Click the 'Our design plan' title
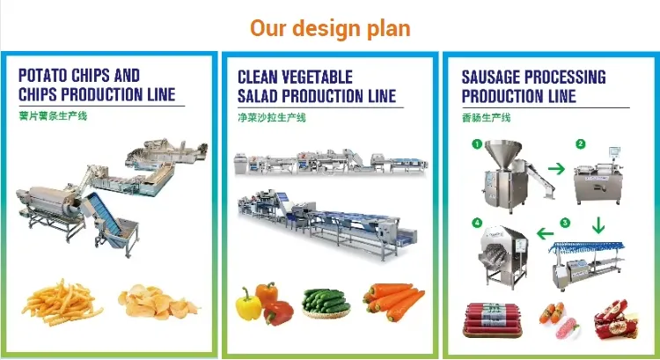[330, 29]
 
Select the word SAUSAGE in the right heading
[490, 77]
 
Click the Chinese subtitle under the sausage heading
[486, 117]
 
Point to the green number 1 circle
[477, 144]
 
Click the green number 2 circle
[581, 144]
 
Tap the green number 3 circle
[565, 223]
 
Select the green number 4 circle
[477, 223]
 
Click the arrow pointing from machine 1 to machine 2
[556, 169]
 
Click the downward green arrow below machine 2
[598, 225]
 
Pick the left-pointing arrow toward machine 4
[545, 233]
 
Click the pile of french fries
[62, 302]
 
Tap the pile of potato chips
[158, 302]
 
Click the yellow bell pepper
[248, 305]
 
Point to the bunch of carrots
[393, 301]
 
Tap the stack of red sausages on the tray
[492, 320]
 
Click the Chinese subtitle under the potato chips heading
[53, 116]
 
